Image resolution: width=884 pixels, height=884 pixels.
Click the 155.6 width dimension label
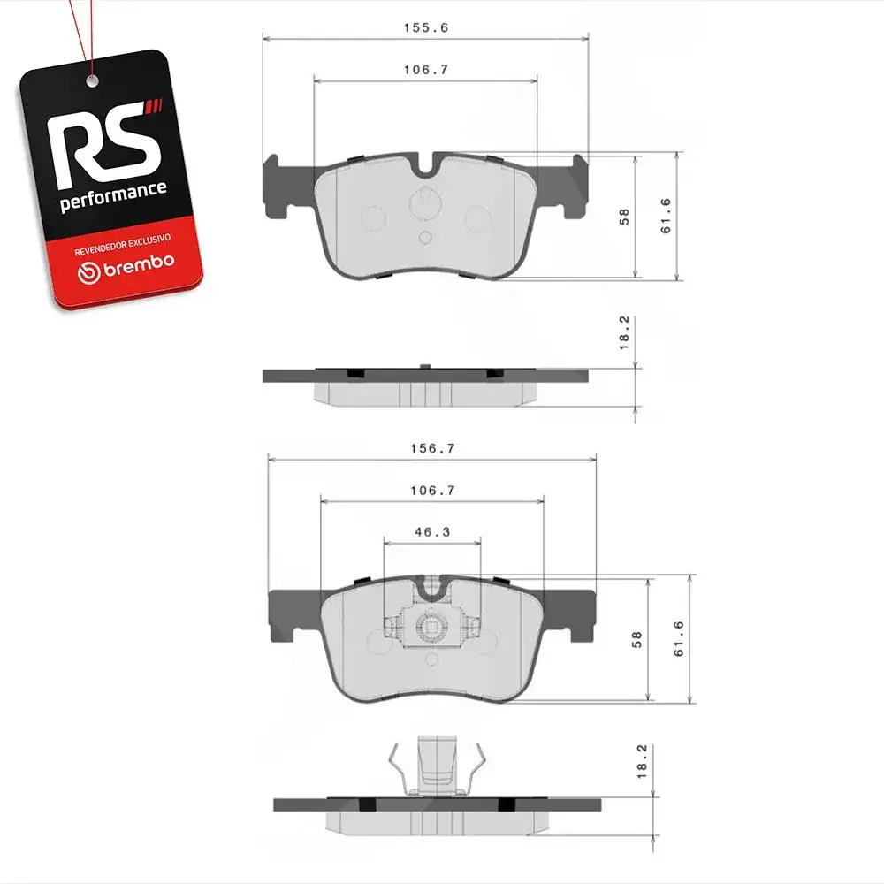[426, 27]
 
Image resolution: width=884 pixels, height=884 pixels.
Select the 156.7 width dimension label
[432, 449]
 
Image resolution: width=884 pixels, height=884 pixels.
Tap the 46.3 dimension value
[432, 532]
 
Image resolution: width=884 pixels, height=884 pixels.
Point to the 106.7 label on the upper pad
[426, 70]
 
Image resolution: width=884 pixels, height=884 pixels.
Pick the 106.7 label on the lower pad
[432, 491]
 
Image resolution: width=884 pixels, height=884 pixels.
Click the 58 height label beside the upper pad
[623, 217]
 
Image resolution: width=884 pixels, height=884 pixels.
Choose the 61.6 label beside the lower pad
[679, 639]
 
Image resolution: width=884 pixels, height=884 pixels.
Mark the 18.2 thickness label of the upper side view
[623, 332]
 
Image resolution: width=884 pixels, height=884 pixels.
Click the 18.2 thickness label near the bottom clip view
[642, 762]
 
